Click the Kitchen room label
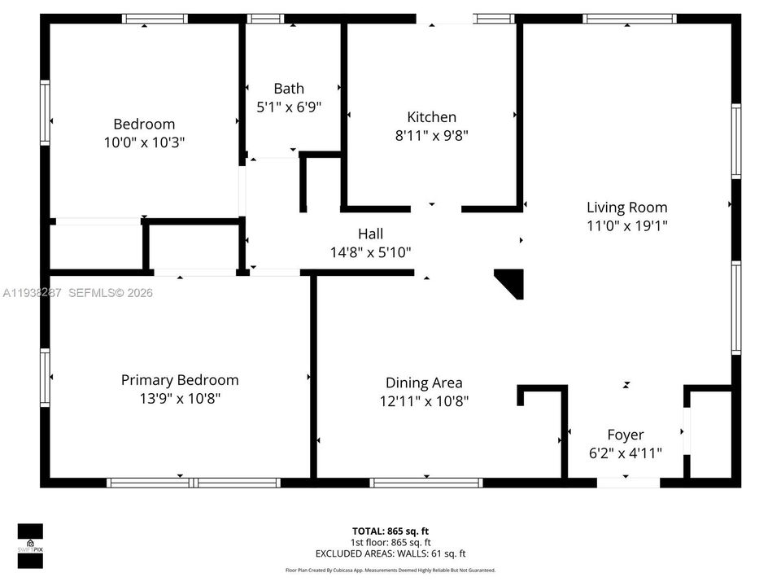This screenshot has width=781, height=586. click(431, 117)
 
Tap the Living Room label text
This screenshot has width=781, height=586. click(626, 208)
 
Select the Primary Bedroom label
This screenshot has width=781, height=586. click(180, 380)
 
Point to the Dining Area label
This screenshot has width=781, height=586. click(424, 383)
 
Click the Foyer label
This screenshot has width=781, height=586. click(625, 435)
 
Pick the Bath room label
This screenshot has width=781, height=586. click(289, 89)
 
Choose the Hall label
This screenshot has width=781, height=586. click(370, 234)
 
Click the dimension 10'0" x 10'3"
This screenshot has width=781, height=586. click(144, 142)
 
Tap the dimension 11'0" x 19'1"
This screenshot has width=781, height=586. click(626, 226)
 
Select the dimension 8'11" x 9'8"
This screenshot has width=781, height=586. click(431, 136)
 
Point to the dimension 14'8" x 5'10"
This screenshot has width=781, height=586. click(370, 253)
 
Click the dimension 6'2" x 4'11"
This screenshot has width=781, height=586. click(625, 453)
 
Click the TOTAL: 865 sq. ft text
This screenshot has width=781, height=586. click(390, 530)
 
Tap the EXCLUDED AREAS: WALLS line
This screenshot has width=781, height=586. click(390, 553)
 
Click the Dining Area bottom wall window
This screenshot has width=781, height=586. click(426, 483)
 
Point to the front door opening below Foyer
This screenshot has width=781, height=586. click(628, 483)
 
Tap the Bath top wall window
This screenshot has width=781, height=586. click(265, 19)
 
